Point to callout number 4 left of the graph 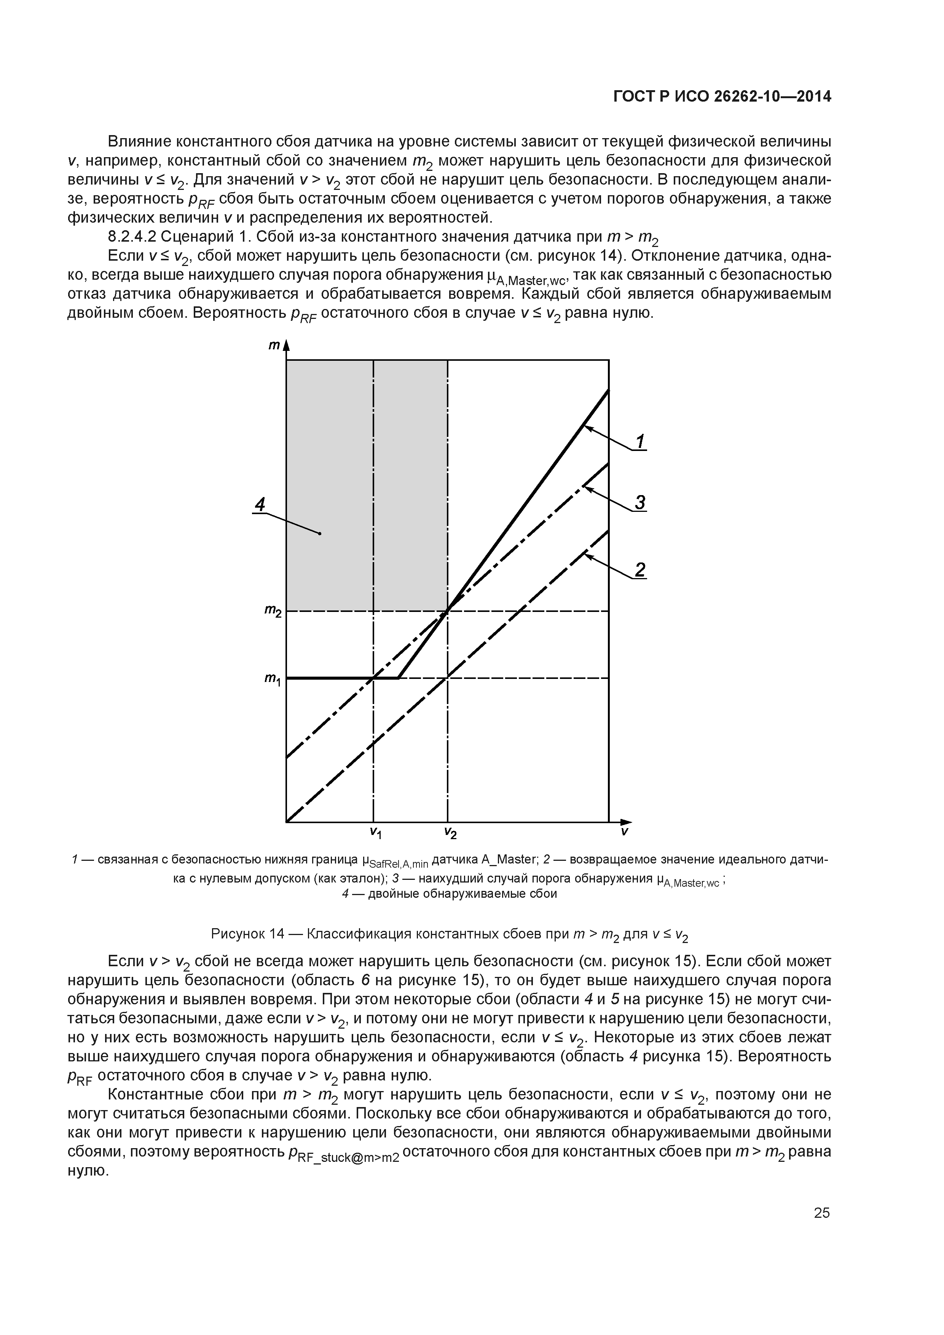click(260, 503)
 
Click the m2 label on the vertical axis click(272, 611)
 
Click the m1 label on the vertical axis click(272, 679)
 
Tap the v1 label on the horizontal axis click(375, 833)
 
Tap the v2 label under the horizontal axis click(450, 833)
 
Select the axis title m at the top click(273, 346)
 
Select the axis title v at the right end click(624, 832)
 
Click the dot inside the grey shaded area click(320, 533)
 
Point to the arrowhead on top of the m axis click(286, 347)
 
